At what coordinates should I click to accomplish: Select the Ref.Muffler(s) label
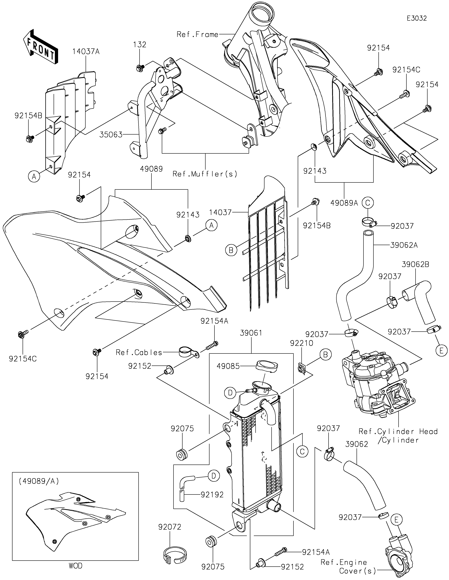(205, 174)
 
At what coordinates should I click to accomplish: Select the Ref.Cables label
(139, 352)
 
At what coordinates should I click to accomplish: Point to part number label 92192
(212, 494)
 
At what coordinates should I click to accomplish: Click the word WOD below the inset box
(76, 566)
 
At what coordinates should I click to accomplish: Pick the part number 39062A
(404, 245)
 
